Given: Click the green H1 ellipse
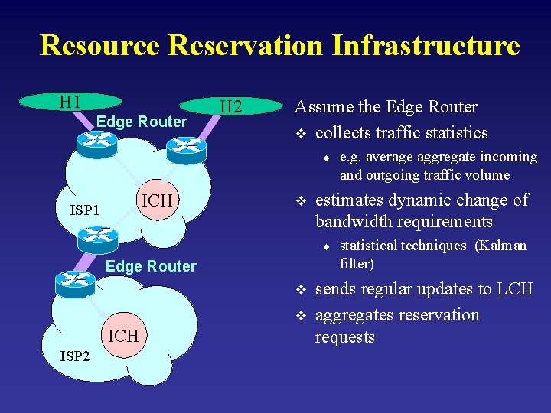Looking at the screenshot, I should coord(70,102).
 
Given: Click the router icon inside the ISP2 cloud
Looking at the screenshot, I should coord(75,284).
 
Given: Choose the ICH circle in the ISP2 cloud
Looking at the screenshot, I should coord(123,336).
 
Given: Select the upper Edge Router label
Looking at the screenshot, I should coord(142,122).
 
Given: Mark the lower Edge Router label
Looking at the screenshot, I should coord(151,266).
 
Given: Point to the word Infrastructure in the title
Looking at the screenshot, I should coord(425,45).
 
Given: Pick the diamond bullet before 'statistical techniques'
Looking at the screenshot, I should coord(325,246).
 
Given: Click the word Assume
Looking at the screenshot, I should coord(322,107).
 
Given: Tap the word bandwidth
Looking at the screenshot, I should coord(351,222).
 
